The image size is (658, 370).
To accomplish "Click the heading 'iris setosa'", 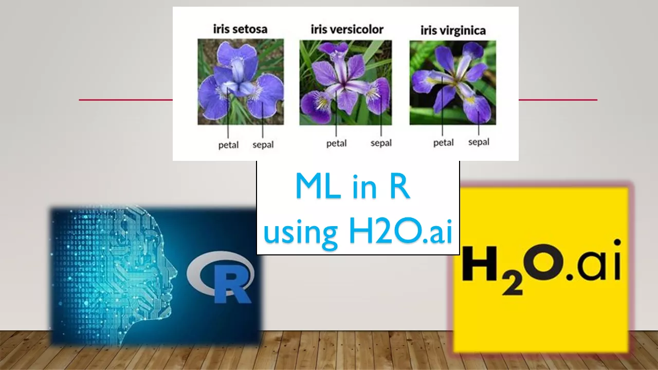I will pos(240,29).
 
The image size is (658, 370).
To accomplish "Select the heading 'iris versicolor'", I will pos(347,29).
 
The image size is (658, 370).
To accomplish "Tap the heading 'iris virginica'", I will pos(453,30).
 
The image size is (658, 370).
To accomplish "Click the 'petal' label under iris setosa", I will pos(228,145).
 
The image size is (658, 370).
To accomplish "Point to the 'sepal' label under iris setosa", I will pos(263,144).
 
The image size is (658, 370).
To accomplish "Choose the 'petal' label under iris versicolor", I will pos(336,143).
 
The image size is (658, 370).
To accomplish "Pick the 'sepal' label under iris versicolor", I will pos(381,143).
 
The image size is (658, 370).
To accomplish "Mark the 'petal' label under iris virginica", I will pos(443,142).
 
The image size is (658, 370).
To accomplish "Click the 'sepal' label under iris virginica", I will pos(479,142).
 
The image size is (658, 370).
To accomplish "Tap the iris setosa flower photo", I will pos(241,82).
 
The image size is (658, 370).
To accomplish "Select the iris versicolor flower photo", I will pos(345,82).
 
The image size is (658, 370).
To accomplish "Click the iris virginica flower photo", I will pos(452,82).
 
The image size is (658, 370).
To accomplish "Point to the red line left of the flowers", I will pos(125,100).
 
